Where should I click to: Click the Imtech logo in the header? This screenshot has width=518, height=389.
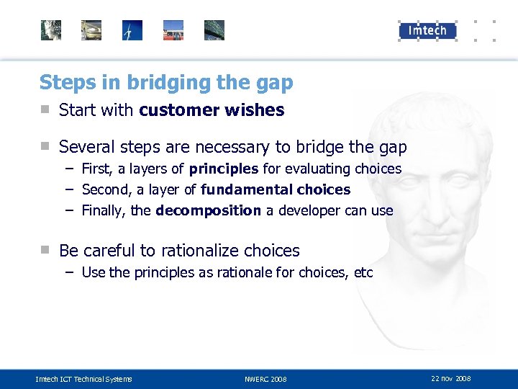click(x=427, y=30)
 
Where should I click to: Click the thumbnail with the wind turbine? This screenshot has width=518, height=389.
click(x=132, y=30)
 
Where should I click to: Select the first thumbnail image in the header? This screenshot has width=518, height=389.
click(x=51, y=30)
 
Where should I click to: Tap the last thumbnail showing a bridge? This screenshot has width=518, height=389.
click(x=214, y=30)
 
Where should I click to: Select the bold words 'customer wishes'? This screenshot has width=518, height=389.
click(x=212, y=110)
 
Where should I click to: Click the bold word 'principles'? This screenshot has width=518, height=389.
click(x=223, y=169)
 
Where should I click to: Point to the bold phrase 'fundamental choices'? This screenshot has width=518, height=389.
click(x=276, y=189)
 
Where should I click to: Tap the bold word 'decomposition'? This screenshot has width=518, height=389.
click(x=208, y=210)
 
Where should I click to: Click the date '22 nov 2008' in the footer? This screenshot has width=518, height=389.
click(x=451, y=378)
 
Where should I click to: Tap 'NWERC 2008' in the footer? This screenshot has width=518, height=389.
click(x=265, y=379)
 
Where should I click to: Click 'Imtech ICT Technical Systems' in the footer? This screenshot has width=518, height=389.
click(x=84, y=379)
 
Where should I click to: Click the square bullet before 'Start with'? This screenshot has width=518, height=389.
click(x=45, y=110)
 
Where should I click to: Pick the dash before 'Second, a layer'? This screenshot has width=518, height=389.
click(x=70, y=189)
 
